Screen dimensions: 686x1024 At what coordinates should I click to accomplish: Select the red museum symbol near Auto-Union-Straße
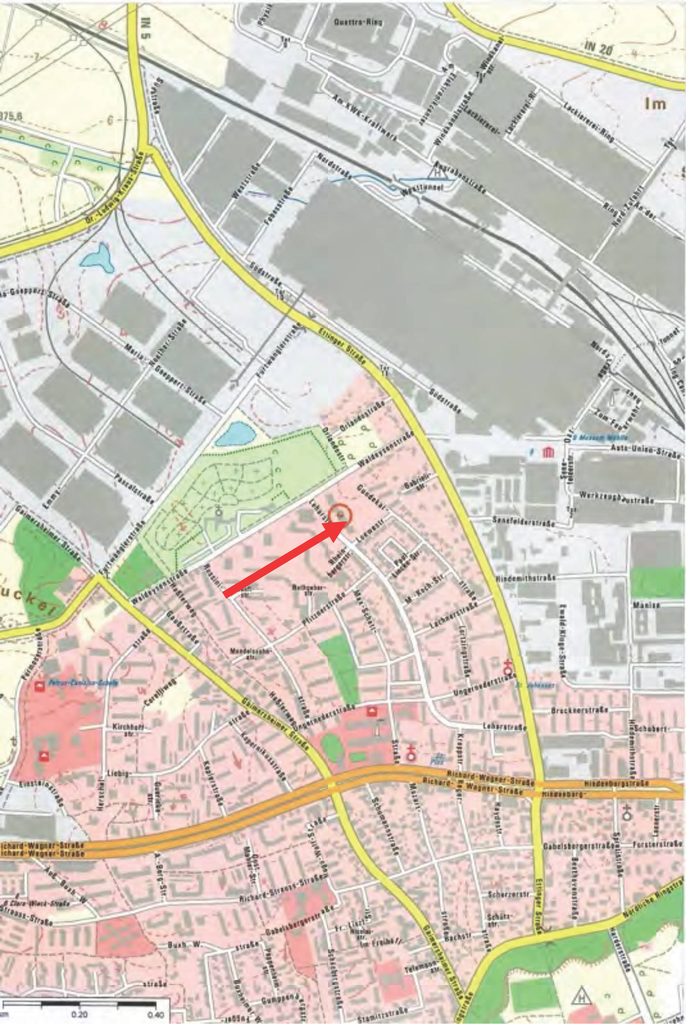547,452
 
